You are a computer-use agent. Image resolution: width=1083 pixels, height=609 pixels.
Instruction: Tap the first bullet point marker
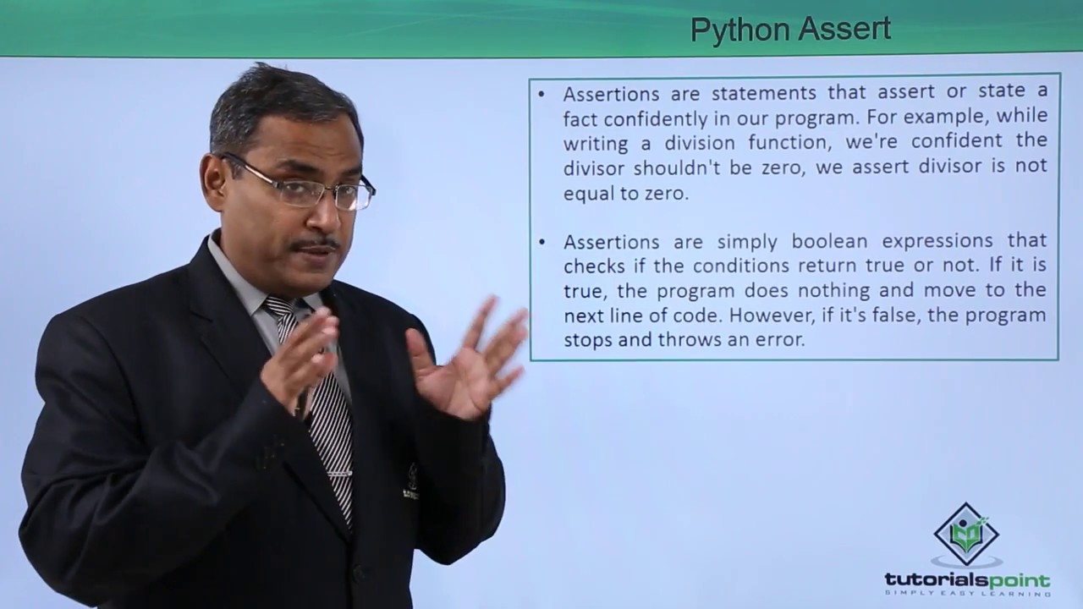coord(541,92)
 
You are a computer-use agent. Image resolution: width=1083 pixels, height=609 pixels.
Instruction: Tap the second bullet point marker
coord(541,242)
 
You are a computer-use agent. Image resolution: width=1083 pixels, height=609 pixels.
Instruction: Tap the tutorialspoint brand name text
coord(967,581)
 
